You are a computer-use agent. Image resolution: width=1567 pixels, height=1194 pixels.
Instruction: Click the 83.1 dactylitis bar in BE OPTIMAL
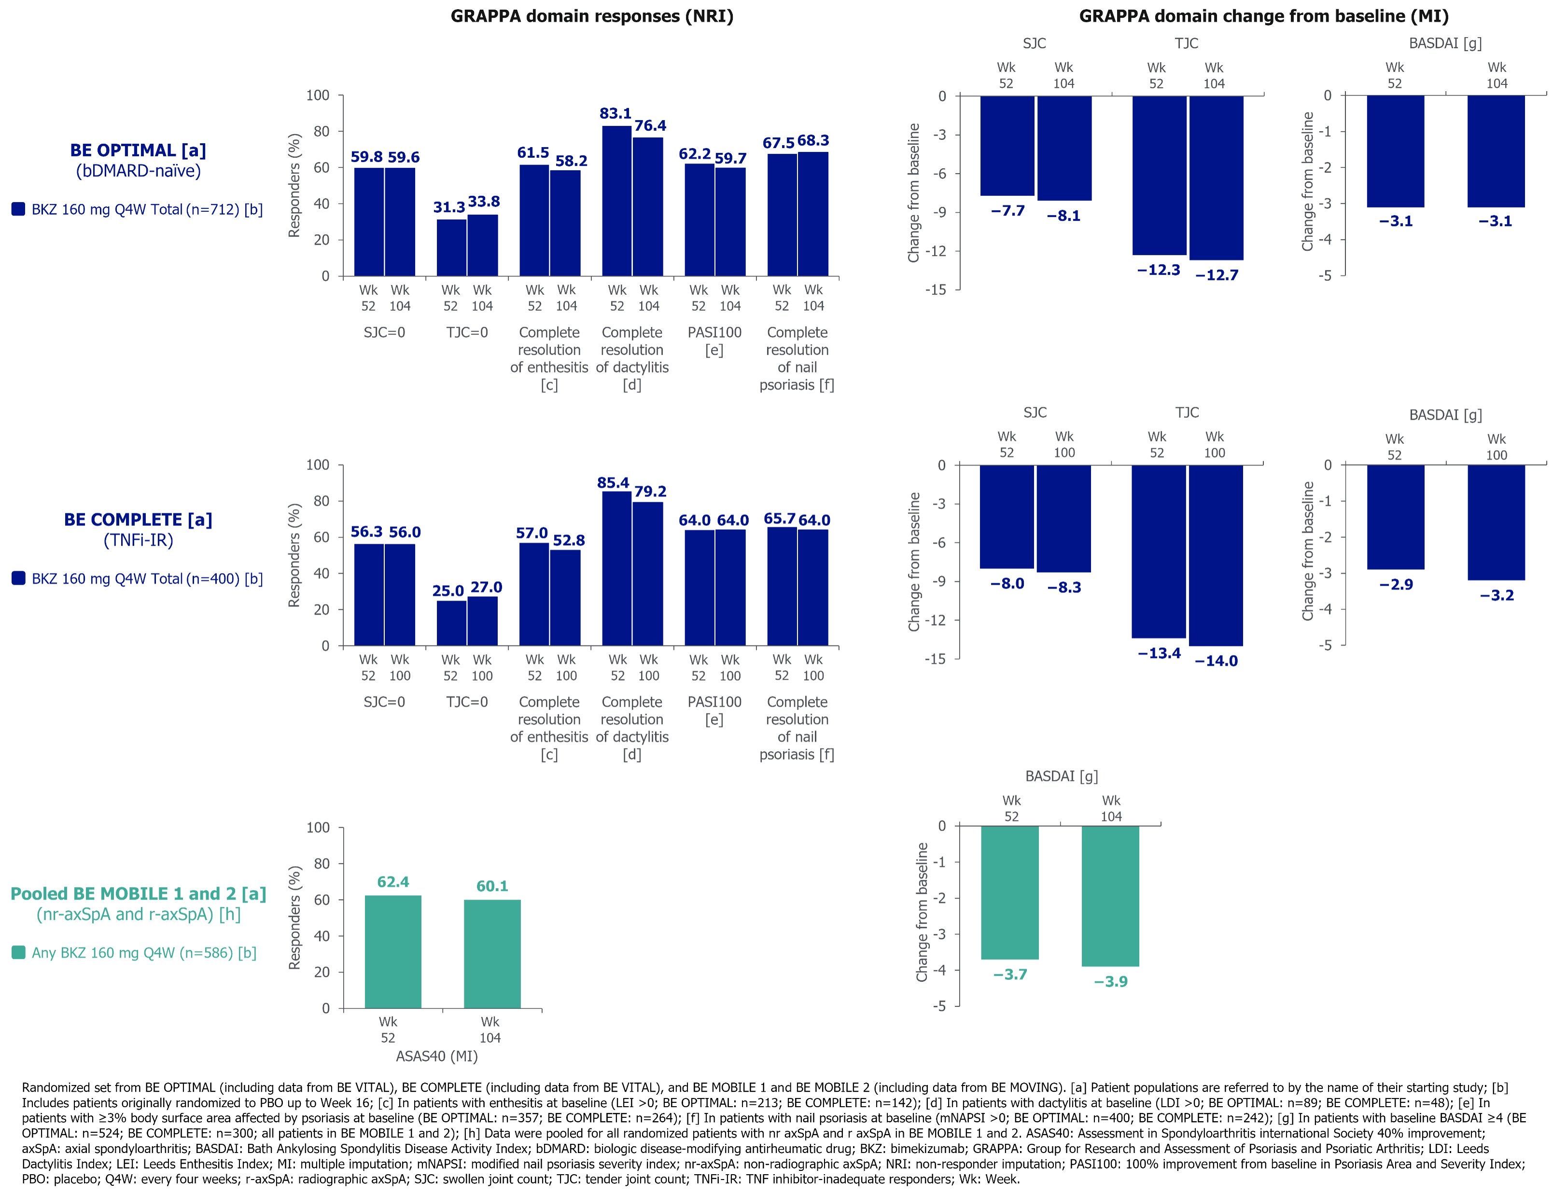pos(616,201)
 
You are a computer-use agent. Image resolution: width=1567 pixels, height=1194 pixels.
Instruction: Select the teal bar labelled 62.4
pos(392,952)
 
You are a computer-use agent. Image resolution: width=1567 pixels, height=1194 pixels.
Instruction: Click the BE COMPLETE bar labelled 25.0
pos(451,623)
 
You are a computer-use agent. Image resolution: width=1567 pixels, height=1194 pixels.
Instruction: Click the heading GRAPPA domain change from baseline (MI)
pos(1263,16)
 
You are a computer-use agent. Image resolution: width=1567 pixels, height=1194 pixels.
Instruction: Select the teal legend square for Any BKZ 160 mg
pos(18,952)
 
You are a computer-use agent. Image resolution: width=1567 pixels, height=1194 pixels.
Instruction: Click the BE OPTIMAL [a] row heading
pos(138,151)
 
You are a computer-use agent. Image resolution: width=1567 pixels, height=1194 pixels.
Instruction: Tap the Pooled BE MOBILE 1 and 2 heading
pos(138,894)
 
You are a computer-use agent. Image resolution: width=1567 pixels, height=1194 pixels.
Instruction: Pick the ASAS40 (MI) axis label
pos(436,1056)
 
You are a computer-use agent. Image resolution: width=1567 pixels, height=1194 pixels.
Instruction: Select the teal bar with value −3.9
pos(1110,895)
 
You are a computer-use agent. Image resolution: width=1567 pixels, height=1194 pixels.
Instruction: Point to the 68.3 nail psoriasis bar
pos(812,214)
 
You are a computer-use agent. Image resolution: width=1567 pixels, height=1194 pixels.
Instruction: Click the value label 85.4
pos(613,483)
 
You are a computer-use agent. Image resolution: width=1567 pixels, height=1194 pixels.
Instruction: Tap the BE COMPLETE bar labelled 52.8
pos(566,598)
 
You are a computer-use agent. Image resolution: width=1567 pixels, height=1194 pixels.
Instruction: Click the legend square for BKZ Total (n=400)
pos(18,578)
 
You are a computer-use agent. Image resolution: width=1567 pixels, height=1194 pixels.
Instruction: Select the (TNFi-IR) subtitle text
pos(138,540)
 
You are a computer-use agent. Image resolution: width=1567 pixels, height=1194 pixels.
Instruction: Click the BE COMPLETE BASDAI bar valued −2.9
pos(1395,517)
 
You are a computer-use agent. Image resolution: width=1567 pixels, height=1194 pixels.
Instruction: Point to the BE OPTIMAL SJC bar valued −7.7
pos(1007,146)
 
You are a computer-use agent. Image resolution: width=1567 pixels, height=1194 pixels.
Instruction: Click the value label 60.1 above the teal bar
pos(492,886)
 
